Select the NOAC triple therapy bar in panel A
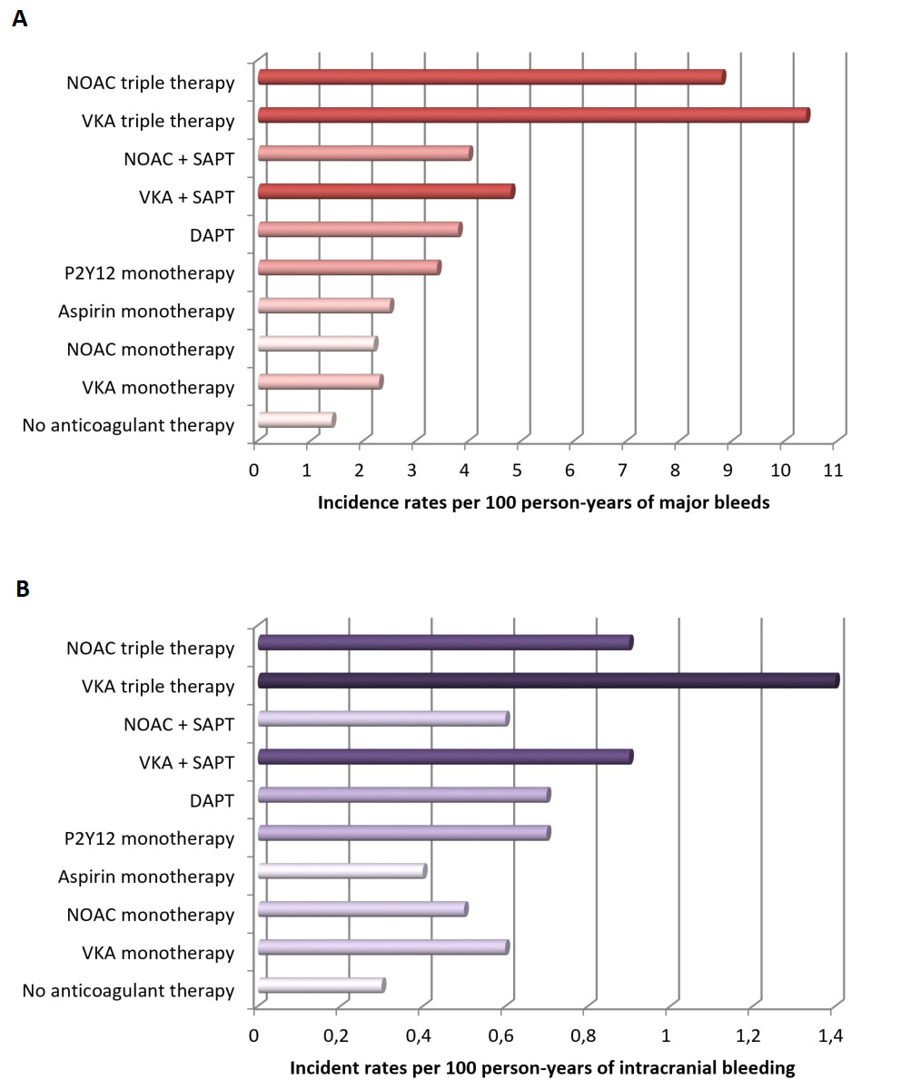[x=491, y=77]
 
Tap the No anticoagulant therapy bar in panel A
[x=297, y=420]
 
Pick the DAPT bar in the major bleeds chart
[x=360, y=230]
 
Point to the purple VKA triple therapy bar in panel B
[x=549, y=680]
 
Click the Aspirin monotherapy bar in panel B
[x=342, y=871]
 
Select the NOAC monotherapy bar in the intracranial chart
[x=362, y=909]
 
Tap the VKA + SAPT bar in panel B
[x=445, y=757]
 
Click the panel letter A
[x=20, y=19]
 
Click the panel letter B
[x=23, y=589]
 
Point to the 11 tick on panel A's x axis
[x=832, y=471]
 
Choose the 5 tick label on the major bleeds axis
[x=517, y=471]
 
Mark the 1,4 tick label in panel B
[x=830, y=1036]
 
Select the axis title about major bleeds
[x=543, y=502]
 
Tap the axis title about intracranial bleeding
[x=542, y=1068]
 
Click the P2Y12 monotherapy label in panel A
[x=149, y=273]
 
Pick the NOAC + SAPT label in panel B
[x=179, y=725]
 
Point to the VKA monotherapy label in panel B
[x=158, y=953]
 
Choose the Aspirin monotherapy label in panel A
[x=146, y=312]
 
